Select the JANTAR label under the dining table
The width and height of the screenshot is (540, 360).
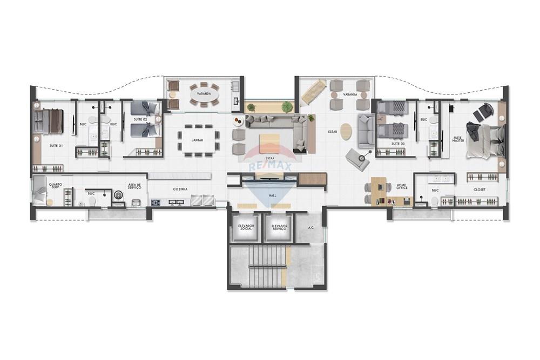point(197,140)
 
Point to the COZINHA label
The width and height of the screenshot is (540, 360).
point(180,189)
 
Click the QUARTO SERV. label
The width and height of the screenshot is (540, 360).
point(55,185)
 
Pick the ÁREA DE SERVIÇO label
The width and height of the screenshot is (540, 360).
point(134,186)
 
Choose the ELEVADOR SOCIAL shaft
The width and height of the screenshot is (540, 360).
point(246,228)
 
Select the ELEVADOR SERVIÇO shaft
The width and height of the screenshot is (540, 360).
point(279,228)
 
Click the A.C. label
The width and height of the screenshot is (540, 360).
point(311,228)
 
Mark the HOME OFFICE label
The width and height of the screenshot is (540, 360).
point(401,186)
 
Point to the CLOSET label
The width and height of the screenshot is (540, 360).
point(479,189)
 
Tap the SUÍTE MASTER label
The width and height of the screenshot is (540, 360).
point(458,140)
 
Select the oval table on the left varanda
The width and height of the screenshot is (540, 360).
point(204,97)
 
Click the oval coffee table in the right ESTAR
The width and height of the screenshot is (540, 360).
point(346,131)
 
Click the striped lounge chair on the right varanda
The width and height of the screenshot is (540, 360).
point(313,92)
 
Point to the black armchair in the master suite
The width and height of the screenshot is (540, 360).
point(483,112)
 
